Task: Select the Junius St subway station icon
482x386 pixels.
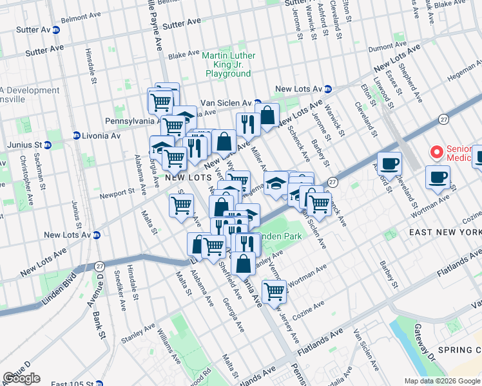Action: coord(50,145)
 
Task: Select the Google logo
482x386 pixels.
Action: coord(21,378)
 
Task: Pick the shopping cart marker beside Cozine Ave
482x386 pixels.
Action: coord(274,291)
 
